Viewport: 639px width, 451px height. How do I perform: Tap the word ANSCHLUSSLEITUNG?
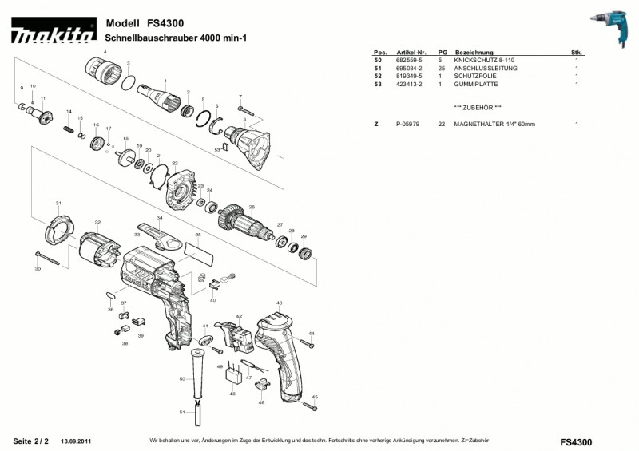[x=486, y=69]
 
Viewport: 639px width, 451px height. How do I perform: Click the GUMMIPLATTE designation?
[x=476, y=84]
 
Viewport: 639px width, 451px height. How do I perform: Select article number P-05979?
[x=409, y=125]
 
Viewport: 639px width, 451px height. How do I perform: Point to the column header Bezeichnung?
[x=474, y=52]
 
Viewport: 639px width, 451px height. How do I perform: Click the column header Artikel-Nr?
[x=411, y=52]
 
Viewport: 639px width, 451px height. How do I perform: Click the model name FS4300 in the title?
[x=165, y=24]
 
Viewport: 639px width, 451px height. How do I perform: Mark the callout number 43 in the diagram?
[x=279, y=303]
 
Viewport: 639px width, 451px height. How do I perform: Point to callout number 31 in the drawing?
[x=58, y=202]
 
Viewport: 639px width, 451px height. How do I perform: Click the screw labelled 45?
[x=315, y=406]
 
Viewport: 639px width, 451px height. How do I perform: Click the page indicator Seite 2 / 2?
[x=31, y=441]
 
